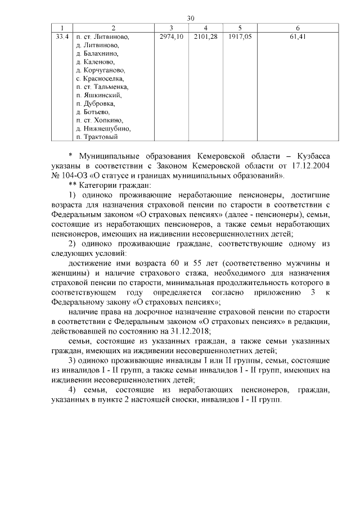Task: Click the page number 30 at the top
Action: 191,18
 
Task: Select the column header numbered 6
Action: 298,28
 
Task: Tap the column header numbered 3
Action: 172,28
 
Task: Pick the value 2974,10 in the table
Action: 172,37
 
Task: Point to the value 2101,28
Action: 205,37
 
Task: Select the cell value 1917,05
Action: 240,37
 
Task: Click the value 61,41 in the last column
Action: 298,37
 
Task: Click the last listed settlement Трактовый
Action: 100,137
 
